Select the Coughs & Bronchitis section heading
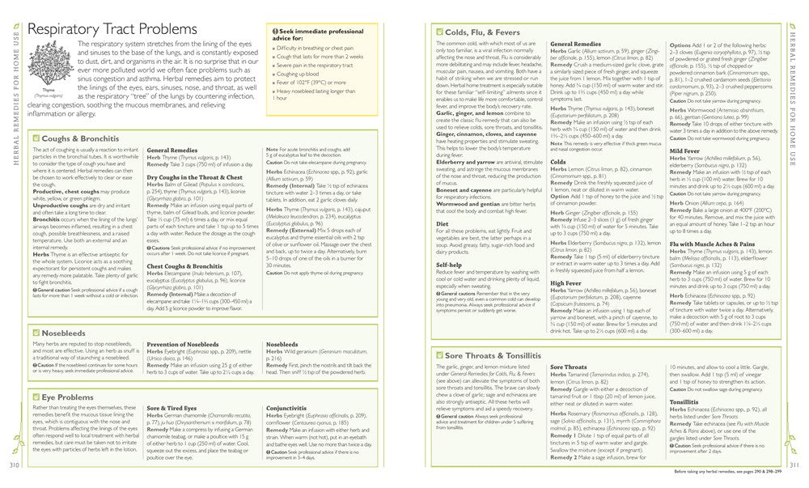pos(75,138)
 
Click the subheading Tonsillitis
pos(684,401)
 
